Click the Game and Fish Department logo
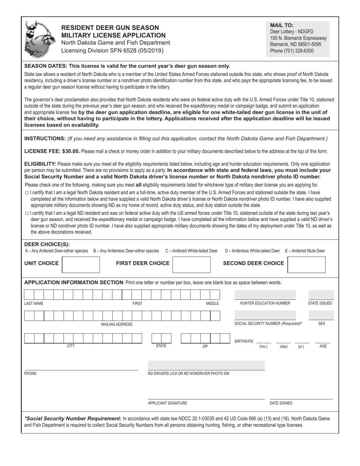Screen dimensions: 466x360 click(x=39, y=39)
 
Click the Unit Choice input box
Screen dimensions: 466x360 click(x=81, y=264)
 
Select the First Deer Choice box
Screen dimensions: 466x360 click(x=191, y=264)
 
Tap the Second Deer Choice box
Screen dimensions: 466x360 click(x=306, y=264)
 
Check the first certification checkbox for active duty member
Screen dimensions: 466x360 click(x=27, y=193)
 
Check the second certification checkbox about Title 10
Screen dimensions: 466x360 click(x=27, y=213)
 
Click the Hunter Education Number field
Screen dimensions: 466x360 click(x=265, y=295)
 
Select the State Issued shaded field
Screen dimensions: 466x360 click(x=321, y=295)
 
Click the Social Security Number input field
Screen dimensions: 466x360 click(x=265, y=315)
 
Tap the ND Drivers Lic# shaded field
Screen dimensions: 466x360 click(x=206, y=366)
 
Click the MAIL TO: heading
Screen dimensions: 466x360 click(x=282, y=25)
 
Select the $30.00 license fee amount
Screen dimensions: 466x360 click(x=69, y=151)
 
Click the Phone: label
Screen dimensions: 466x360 click(x=31, y=374)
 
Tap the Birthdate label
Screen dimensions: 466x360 click(x=244, y=341)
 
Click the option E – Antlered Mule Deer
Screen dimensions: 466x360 click(x=305, y=251)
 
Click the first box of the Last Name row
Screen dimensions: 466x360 click(x=29, y=295)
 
